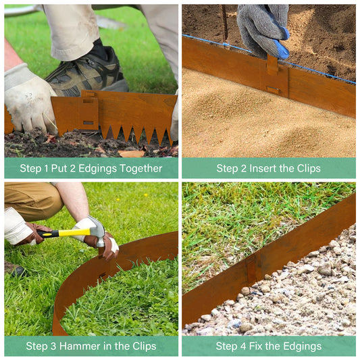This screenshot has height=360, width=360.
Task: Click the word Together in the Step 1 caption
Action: [x=140, y=169]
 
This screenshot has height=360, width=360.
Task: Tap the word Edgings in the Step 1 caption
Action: [x=97, y=169]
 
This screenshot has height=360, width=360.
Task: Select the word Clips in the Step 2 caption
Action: [x=309, y=169]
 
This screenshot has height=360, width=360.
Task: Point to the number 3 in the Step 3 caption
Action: [x=53, y=346]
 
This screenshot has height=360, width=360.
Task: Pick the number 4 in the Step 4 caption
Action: [x=243, y=346]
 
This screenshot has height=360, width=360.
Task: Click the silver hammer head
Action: [x=98, y=230]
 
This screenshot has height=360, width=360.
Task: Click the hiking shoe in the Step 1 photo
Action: [x=86, y=72]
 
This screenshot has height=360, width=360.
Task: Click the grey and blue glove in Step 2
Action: [x=264, y=30]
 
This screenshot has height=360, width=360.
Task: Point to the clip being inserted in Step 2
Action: [x=272, y=65]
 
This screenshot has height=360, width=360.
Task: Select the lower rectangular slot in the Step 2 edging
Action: [x=273, y=89]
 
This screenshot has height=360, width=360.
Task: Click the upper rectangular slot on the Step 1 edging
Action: [x=88, y=101]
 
